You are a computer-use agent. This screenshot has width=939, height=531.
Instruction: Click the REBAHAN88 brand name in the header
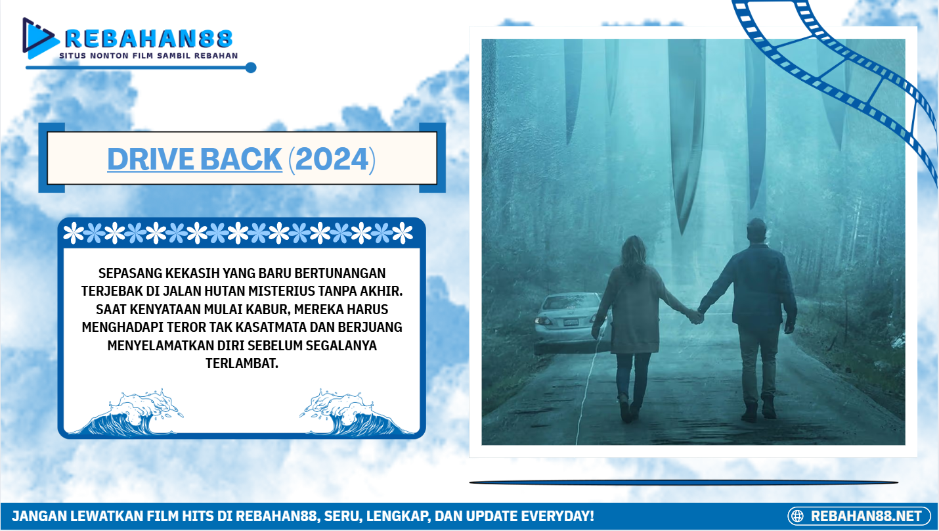coord(148,38)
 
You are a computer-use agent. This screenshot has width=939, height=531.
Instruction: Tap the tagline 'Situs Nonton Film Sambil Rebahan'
coord(148,56)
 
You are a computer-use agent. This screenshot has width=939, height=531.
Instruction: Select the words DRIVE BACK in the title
coord(194,159)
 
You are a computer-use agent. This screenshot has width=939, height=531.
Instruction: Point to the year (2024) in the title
coord(332,159)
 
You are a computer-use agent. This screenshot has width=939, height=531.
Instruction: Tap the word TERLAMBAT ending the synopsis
coord(242,363)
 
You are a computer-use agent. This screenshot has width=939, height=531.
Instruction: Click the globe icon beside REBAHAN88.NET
coord(798,516)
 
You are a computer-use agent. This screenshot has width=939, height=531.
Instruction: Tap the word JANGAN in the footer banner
coord(39,516)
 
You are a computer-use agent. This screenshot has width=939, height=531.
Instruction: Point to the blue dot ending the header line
coord(251,68)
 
